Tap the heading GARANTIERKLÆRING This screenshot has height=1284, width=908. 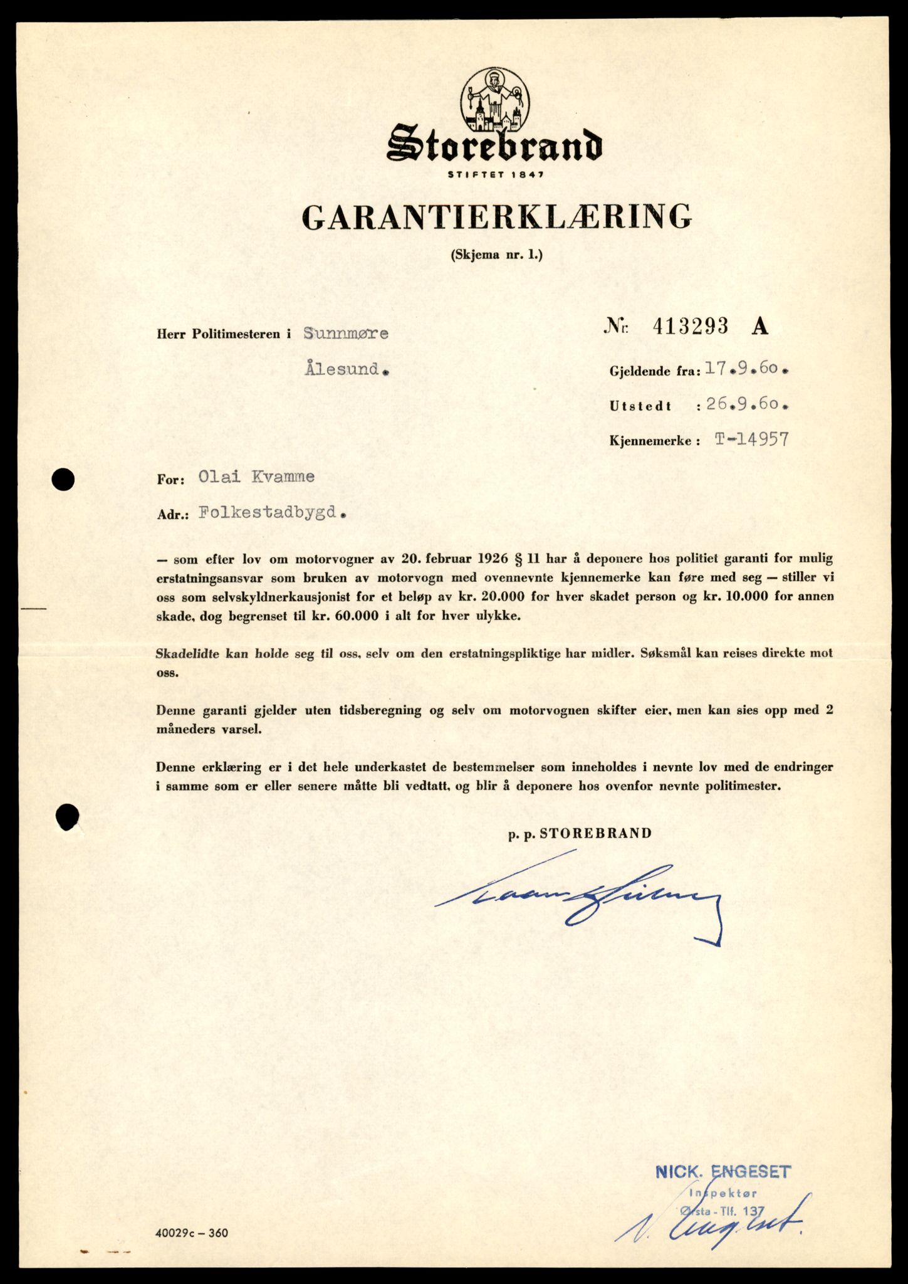496,218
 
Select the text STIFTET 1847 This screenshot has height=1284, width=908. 495,174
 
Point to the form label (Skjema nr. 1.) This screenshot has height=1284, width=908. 496,255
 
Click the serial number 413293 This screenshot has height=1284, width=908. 691,326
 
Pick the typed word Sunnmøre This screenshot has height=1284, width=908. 346,334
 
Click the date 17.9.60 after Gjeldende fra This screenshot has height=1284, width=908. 746,369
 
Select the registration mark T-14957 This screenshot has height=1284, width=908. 752,439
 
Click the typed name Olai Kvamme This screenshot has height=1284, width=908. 256,476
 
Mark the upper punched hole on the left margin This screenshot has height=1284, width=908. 63,480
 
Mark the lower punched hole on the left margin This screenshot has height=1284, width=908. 67,817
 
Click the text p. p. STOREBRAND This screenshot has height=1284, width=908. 580,833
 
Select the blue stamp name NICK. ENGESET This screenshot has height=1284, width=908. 723,1171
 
